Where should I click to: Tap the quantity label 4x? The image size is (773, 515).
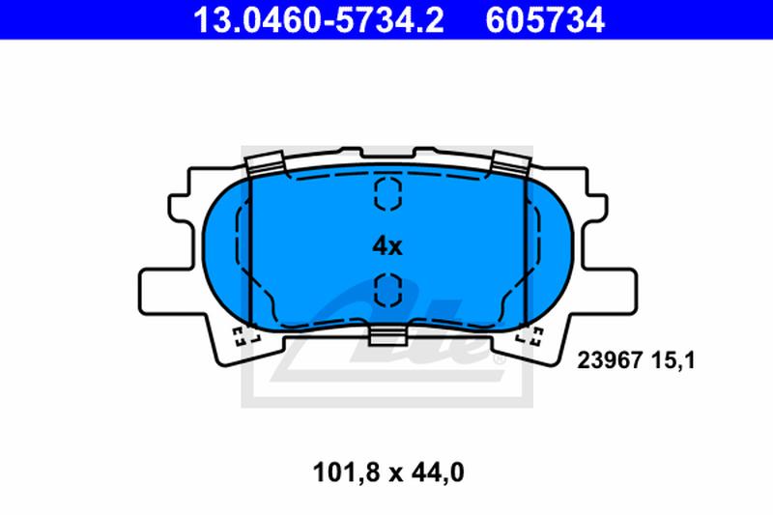click(x=386, y=245)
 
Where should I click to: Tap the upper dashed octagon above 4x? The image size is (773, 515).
click(x=386, y=193)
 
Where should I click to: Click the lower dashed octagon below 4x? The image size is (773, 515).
click(x=386, y=287)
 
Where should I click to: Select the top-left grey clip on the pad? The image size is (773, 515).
click(x=263, y=164)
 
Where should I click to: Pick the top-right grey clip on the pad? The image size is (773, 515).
click(x=509, y=164)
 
